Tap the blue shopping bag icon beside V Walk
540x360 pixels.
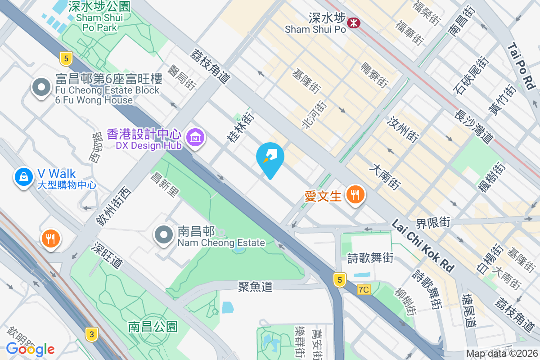pos(22,177)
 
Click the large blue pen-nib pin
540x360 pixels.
pos(270,157)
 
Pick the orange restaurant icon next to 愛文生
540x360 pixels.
pos(355,195)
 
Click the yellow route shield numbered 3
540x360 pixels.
pos(92,334)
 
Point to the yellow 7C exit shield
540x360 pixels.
pos(364,290)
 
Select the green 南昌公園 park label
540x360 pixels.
pos(153,326)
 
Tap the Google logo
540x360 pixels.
pos(30,349)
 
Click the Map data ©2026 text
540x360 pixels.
pos(502,354)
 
